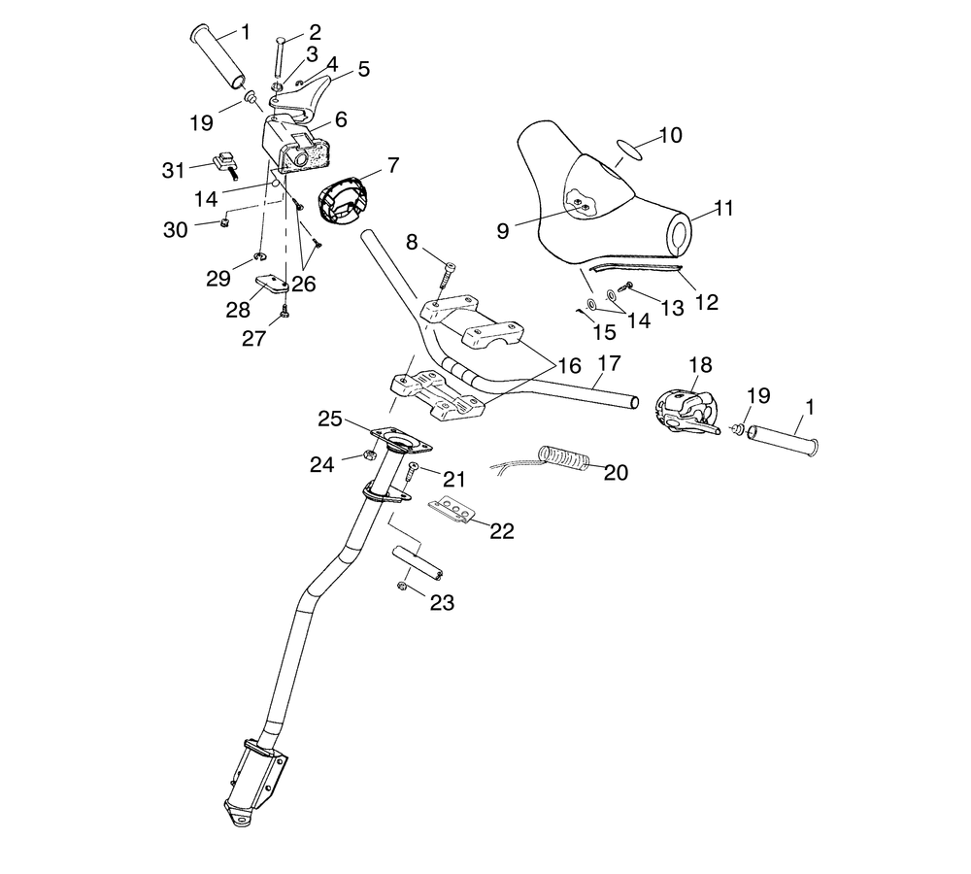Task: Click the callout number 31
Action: [174, 170]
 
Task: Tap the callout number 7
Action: [394, 165]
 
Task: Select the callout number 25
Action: [330, 420]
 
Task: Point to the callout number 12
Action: [707, 302]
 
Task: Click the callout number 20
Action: [617, 472]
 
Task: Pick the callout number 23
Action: [442, 602]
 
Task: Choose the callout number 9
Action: [503, 230]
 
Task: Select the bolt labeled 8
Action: [447, 274]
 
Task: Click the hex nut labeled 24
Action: [368, 455]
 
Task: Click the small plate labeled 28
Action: [272, 286]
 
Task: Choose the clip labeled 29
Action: [260, 256]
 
